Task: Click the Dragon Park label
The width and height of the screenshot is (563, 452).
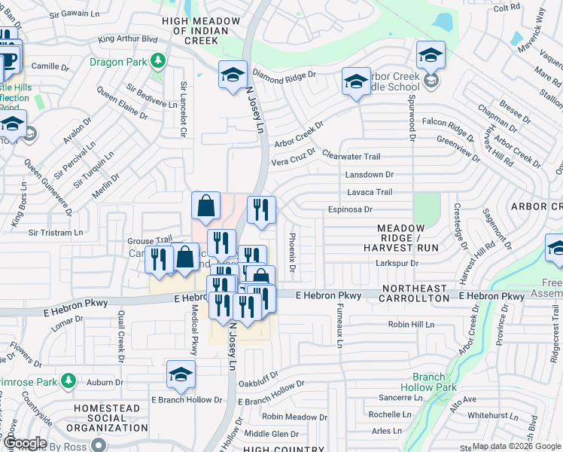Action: (119, 62)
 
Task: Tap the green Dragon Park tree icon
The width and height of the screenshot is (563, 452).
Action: (158, 61)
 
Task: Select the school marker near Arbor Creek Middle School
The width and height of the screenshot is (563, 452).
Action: (355, 82)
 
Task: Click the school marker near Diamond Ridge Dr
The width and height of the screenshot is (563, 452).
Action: (233, 75)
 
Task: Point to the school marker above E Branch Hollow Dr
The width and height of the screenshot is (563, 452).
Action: (181, 374)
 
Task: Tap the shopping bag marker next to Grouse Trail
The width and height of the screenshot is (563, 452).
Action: (186, 258)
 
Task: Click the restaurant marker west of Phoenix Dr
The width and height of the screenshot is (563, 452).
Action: (261, 211)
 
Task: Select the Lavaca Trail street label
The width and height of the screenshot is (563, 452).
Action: (369, 192)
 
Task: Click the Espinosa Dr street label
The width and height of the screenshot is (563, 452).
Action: (350, 209)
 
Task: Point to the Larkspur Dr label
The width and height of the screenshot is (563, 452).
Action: (396, 263)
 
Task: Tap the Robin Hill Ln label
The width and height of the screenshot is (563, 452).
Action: (411, 324)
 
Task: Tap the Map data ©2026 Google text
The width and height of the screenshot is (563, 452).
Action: (516, 446)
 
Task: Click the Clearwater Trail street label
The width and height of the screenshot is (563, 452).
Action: (351, 156)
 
